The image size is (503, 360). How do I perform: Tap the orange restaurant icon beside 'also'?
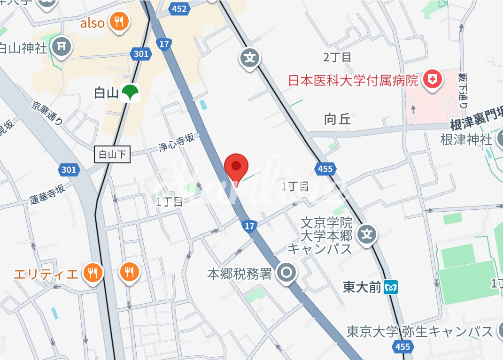click(x=119, y=22)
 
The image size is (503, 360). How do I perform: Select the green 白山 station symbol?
click(x=128, y=93)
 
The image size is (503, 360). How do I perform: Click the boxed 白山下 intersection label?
click(x=113, y=154)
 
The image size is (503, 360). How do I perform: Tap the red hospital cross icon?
click(x=433, y=80)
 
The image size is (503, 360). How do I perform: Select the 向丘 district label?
click(x=338, y=119)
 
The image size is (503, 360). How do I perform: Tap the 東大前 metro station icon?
click(x=391, y=287)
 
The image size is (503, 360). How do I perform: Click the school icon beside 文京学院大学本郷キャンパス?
click(x=367, y=233)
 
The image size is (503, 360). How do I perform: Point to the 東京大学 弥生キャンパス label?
click(x=420, y=331)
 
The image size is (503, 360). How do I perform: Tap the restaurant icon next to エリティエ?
click(x=93, y=272)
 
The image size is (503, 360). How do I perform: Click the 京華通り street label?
click(x=47, y=113)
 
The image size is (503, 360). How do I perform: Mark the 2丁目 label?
click(x=337, y=58)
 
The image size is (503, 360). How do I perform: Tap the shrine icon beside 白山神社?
click(x=61, y=46)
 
